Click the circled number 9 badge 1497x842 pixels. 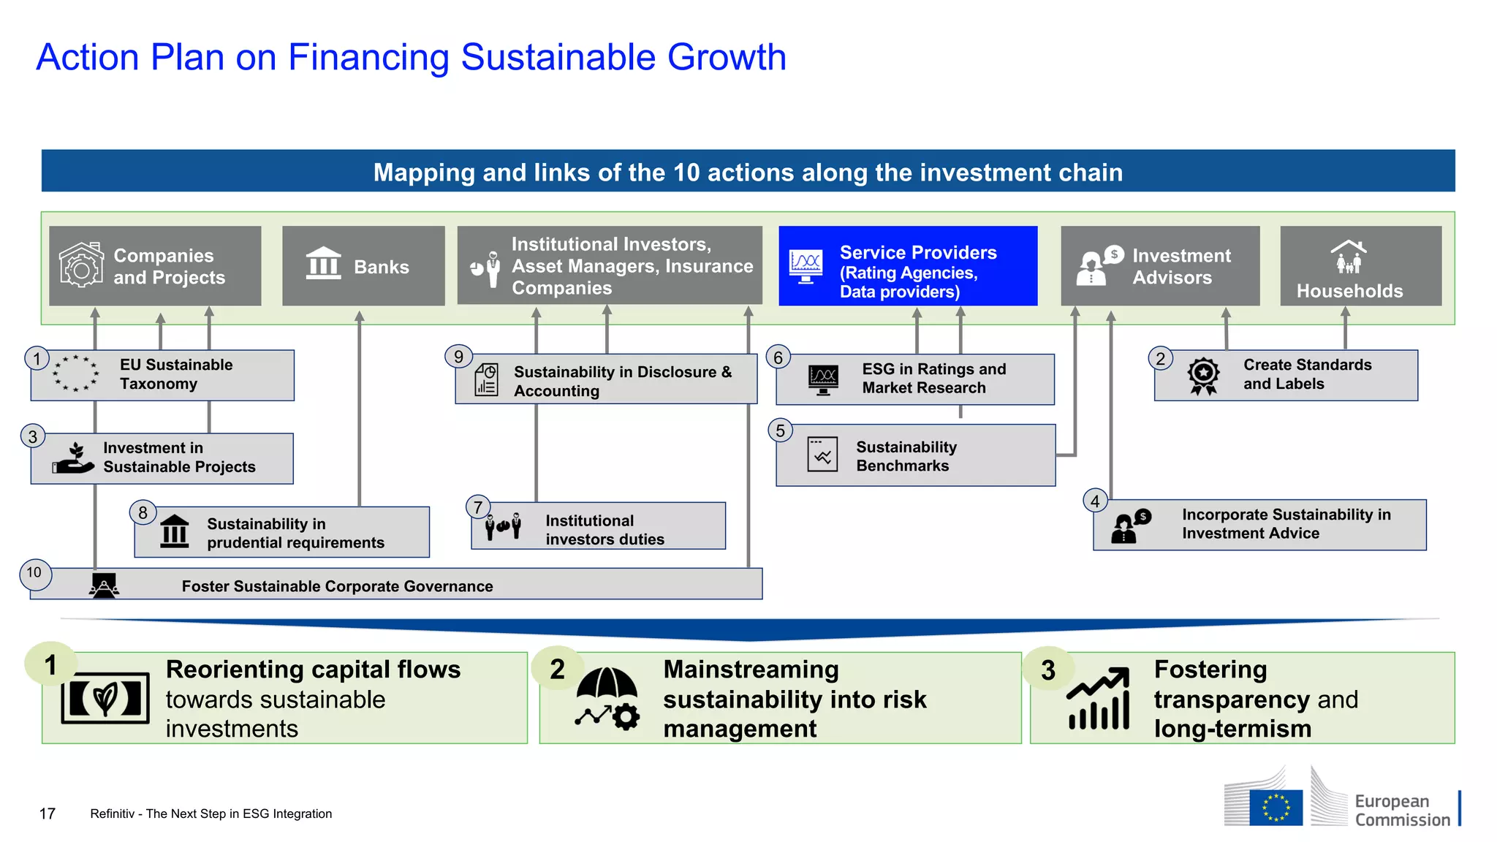458,357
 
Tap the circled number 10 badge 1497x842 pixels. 34,573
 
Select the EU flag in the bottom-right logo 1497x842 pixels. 1276,808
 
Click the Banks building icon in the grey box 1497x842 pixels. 323,264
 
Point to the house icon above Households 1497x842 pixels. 1349,257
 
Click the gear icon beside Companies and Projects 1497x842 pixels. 80,266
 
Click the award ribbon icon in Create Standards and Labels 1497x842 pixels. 1203,376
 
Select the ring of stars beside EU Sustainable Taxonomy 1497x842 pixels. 75,373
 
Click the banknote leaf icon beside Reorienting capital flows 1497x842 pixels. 105,698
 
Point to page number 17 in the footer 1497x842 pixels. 48,813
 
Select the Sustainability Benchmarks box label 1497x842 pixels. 906,456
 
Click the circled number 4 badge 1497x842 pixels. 1095,501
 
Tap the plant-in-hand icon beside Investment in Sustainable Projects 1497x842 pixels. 74,458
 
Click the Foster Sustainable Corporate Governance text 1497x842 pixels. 337,586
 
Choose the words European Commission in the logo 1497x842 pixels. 1401,811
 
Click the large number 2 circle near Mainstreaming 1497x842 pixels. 558,669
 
